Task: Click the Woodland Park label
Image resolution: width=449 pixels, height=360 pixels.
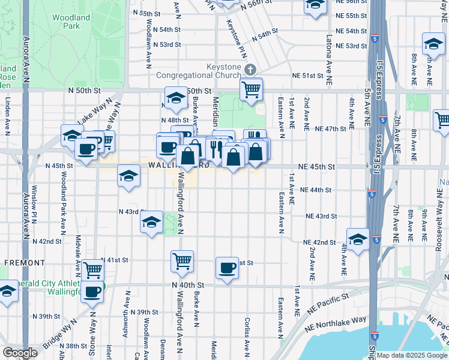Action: [71, 22]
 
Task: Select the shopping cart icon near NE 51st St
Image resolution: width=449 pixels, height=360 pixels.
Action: [251, 90]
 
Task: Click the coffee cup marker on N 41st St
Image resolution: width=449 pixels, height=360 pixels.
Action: [228, 268]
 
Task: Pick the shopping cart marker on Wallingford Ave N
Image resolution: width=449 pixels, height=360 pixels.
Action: [182, 261]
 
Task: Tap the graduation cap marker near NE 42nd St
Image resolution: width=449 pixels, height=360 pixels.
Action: [358, 239]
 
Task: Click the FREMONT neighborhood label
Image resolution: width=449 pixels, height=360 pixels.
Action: [25, 263]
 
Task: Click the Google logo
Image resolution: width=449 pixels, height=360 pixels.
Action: [20, 352]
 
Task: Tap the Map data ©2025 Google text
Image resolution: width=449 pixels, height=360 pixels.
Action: [411, 355]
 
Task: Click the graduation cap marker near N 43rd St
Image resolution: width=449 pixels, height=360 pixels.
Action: [152, 223]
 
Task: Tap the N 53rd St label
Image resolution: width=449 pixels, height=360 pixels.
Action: [166, 45]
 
